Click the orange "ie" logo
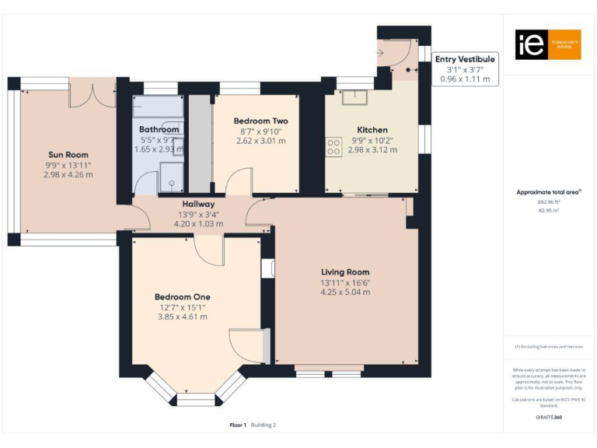tap(537, 44)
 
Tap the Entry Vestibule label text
tap(464, 58)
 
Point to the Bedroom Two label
tap(260, 121)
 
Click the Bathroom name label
tap(159, 129)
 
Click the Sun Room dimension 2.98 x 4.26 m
tap(70, 175)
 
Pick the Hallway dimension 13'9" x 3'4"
tap(198, 214)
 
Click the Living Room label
tap(345, 271)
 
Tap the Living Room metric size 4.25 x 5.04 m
tap(345, 292)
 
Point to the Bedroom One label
tap(182, 296)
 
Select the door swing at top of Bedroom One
tap(208, 251)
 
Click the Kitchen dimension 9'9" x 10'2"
tap(372, 140)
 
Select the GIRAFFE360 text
tap(549, 418)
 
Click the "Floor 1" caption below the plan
tap(238, 425)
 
